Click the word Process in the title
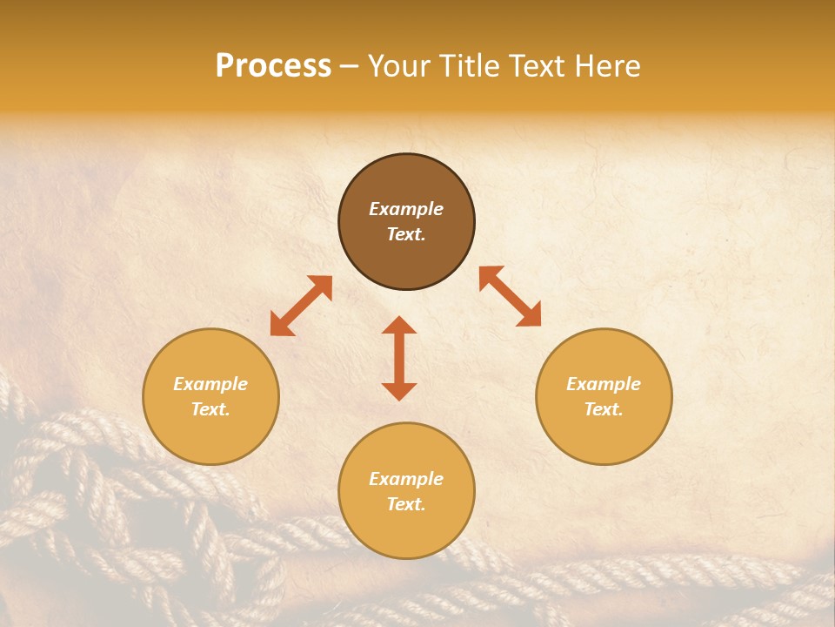(273, 66)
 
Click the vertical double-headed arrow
(399, 358)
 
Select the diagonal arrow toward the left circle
(301, 306)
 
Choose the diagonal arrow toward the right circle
(510, 296)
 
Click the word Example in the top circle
(406, 209)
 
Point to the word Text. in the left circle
(210, 409)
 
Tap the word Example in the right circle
(604, 384)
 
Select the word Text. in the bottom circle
(406, 504)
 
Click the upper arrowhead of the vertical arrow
(399, 325)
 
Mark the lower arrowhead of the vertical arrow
(399, 391)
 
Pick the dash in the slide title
(350, 67)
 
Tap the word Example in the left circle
(210, 384)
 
